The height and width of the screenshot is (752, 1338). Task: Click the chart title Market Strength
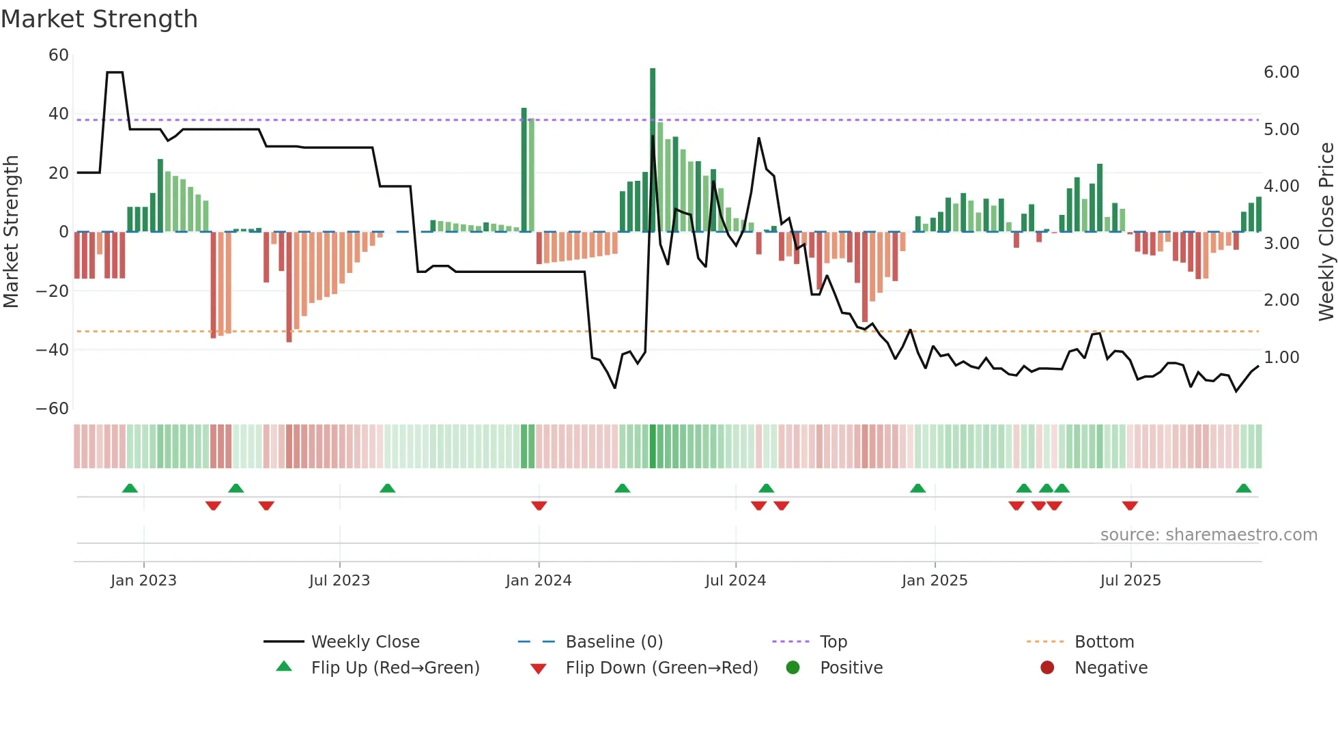[99, 19]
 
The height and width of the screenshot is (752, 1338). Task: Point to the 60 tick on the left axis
[59, 55]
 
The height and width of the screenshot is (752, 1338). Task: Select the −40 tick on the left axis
[53, 350]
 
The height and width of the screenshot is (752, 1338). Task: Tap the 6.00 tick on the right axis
[1281, 72]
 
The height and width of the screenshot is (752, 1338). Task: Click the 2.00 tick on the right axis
[1281, 300]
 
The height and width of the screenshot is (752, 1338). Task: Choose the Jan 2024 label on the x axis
[539, 581]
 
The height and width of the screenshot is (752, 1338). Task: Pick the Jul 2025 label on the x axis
[1130, 581]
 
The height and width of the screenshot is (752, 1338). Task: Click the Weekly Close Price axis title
[1326, 232]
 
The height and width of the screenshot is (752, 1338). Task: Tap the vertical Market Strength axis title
[11, 232]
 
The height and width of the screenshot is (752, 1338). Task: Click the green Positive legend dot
[793, 668]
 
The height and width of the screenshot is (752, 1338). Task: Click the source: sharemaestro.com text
[1208, 535]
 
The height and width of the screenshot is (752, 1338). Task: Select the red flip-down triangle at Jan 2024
[539, 506]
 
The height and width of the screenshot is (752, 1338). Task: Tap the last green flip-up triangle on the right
[1243, 489]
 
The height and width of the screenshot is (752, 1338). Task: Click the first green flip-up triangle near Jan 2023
[130, 489]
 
